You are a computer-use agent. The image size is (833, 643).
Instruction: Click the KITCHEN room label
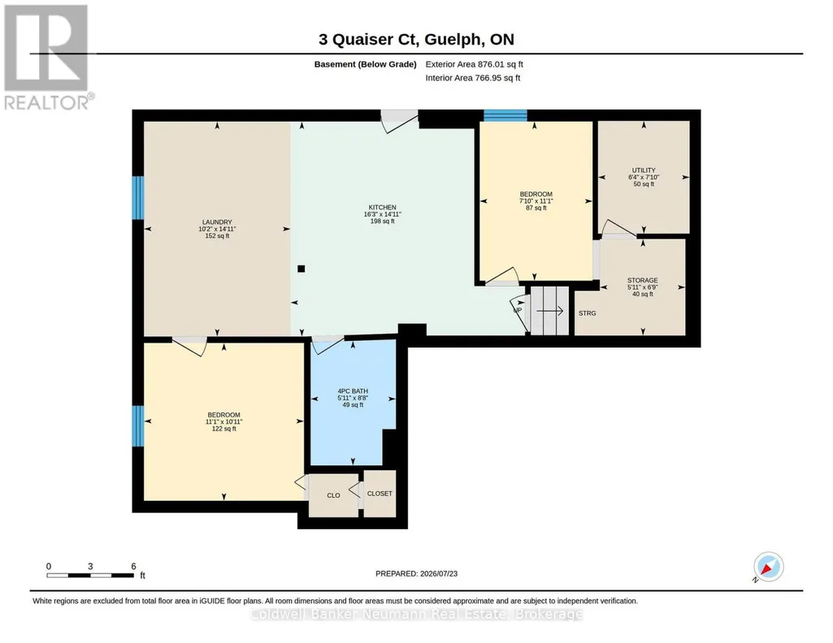[x=383, y=208]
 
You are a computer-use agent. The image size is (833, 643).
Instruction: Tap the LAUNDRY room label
[x=217, y=222]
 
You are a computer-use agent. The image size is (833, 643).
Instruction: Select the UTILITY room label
[x=644, y=170]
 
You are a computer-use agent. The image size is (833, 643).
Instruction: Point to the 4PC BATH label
[x=353, y=391]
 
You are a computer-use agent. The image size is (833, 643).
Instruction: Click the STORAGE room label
[x=643, y=280]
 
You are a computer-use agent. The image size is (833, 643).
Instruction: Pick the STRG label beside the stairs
[x=587, y=313]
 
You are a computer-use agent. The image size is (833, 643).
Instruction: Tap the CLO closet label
[x=334, y=495]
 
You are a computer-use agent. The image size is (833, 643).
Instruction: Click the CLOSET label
[x=380, y=494]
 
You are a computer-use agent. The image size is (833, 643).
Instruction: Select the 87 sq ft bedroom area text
[x=536, y=208]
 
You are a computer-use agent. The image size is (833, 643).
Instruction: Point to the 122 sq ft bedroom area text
[x=223, y=429]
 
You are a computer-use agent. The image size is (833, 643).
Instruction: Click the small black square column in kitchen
[x=302, y=269]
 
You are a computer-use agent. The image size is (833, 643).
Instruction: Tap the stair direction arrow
[x=550, y=311]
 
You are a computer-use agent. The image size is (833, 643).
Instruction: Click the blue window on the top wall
[x=505, y=115]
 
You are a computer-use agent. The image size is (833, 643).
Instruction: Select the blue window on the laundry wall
[x=138, y=197]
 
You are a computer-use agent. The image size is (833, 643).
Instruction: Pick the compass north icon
[x=768, y=567]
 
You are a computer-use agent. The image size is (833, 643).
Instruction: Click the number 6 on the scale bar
[x=134, y=566]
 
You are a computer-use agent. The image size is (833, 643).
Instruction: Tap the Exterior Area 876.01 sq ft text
[x=474, y=64]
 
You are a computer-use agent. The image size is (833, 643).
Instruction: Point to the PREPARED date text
[x=416, y=573]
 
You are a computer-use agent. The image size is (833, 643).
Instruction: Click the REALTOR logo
[x=49, y=58]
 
